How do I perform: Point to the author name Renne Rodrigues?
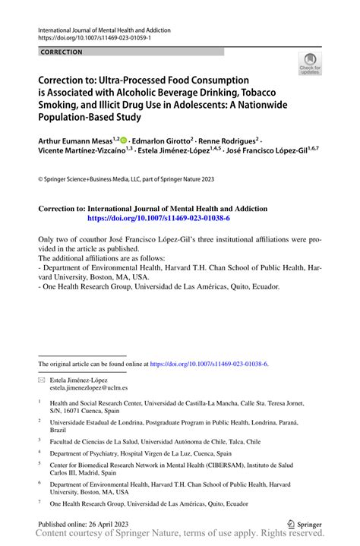(x=228, y=141)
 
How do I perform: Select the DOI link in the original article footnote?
(x=215, y=365)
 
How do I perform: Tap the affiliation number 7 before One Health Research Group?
(x=39, y=503)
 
